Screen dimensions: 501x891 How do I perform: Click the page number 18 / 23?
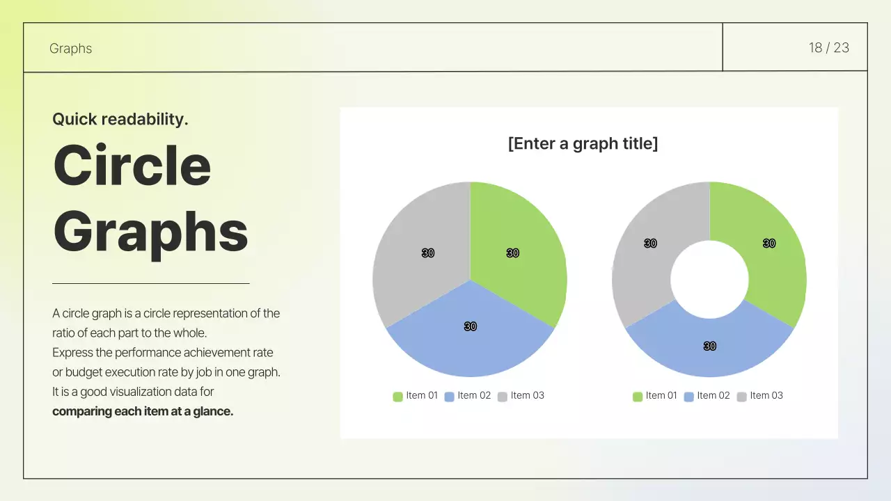tap(828, 48)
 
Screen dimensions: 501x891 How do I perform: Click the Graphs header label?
tap(70, 49)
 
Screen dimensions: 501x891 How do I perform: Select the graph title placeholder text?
tap(583, 144)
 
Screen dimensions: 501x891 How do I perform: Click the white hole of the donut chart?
tap(709, 279)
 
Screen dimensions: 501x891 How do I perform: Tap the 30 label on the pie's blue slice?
tap(471, 326)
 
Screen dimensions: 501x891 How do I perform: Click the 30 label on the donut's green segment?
tap(769, 244)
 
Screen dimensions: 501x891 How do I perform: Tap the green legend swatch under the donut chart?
tap(638, 397)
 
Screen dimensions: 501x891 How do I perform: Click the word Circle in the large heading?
tap(132, 165)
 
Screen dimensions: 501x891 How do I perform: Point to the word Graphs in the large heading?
tap(150, 232)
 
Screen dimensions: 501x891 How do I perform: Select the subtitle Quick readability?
tap(120, 119)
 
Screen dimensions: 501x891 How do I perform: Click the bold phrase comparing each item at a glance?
tap(143, 411)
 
